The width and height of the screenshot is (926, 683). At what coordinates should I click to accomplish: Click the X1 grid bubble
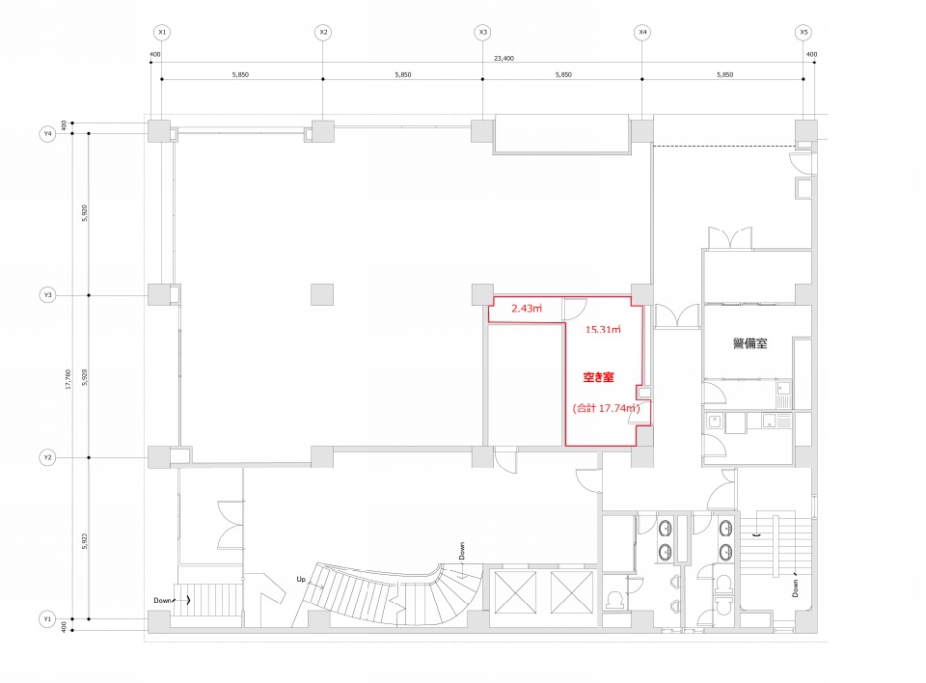pyautogui.click(x=162, y=32)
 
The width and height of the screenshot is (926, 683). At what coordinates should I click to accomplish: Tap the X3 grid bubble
pyautogui.click(x=483, y=32)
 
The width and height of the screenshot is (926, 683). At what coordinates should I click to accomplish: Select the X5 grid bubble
pyautogui.click(x=803, y=32)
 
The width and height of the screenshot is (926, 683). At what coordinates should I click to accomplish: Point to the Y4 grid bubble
pyautogui.click(x=48, y=134)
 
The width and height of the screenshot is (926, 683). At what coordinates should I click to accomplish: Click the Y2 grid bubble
pyautogui.click(x=48, y=457)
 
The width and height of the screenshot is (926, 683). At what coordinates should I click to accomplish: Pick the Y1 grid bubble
pyautogui.click(x=48, y=619)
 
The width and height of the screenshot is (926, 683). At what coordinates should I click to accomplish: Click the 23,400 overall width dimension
pyautogui.click(x=504, y=59)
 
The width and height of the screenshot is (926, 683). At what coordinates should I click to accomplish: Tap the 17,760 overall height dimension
pyautogui.click(x=68, y=379)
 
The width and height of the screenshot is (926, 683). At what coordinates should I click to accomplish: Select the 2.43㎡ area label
pyautogui.click(x=527, y=309)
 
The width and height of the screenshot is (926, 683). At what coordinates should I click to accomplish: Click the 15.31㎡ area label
pyautogui.click(x=603, y=330)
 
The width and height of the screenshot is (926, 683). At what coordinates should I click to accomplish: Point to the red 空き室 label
pyautogui.click(x=599, y=377)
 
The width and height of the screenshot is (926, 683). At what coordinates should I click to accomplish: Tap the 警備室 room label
pyautogui.click(x=750, y=343)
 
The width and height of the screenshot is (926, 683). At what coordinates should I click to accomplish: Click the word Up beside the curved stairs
pyautogui.click(x=301, y=579)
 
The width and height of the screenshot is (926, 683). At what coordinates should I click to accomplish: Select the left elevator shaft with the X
pyautogui.click(x=515, y=592)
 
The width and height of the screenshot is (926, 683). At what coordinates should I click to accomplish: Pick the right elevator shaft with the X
pyautogui.click(x=572, y=592)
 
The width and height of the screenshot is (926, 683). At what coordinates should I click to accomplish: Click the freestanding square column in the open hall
pyautogui.click(x=322, y=294)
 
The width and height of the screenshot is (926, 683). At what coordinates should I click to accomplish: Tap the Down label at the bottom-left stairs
pyautogui.click(x=162, y=600)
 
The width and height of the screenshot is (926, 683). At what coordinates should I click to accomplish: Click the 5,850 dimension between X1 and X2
pyautogui.click(x=240, y=75)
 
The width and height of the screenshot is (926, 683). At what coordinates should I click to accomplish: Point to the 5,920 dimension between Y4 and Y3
pyautogui.click(x=85, y=213)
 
